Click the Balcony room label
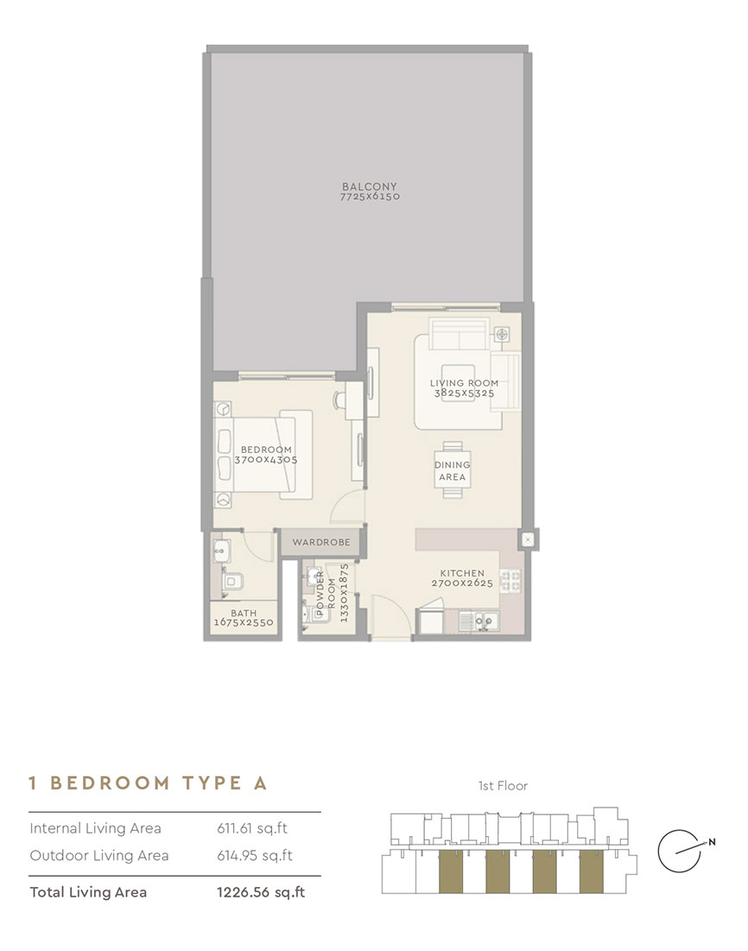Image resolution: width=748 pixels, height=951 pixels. [371, 186]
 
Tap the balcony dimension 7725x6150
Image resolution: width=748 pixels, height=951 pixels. [371, 197]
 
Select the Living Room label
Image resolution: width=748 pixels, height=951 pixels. [464, 383]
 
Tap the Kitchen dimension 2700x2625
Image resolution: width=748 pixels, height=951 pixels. [462, 584]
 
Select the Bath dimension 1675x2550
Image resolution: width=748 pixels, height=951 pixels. [244, 622]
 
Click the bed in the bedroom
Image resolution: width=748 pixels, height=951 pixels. [259, 454]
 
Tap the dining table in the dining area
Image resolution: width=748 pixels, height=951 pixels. [452, 469]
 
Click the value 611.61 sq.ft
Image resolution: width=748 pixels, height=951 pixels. [252, 828]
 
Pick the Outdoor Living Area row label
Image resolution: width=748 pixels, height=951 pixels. [98, 856]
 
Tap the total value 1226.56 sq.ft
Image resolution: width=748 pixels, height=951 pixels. [261, 892]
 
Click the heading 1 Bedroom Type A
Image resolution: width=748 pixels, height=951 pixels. [149, 783]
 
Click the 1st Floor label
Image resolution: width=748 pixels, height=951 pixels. [503, 786]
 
